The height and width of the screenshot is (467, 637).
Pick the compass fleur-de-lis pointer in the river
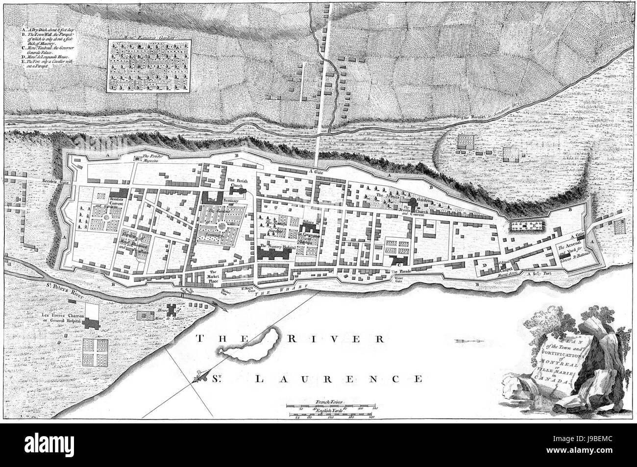[200, 376]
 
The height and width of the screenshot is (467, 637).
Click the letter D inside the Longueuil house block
[485, 266]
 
